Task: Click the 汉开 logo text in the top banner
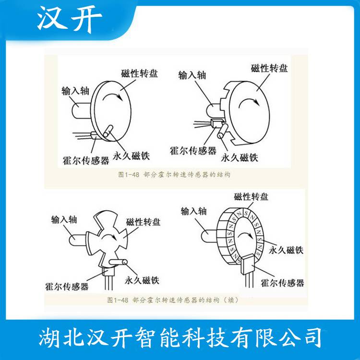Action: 69,20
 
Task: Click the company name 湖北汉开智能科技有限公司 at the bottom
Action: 180,338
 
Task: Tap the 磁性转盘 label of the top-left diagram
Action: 139,73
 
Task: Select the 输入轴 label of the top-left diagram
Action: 75,91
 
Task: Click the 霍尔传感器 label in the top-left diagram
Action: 86,160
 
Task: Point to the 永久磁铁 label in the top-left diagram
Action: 131,156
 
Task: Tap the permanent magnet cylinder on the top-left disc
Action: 108,132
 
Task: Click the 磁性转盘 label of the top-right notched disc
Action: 269,68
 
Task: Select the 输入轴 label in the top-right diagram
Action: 192,75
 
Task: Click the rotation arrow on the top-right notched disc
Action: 249,102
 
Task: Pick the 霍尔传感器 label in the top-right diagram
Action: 193,151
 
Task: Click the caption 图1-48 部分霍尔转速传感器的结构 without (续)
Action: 174,175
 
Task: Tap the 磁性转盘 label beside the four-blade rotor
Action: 143,222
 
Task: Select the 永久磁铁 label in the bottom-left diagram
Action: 142,280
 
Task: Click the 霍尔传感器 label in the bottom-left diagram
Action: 67,286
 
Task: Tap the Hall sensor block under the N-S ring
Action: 248,264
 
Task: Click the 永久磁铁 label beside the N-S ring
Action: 286,250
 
